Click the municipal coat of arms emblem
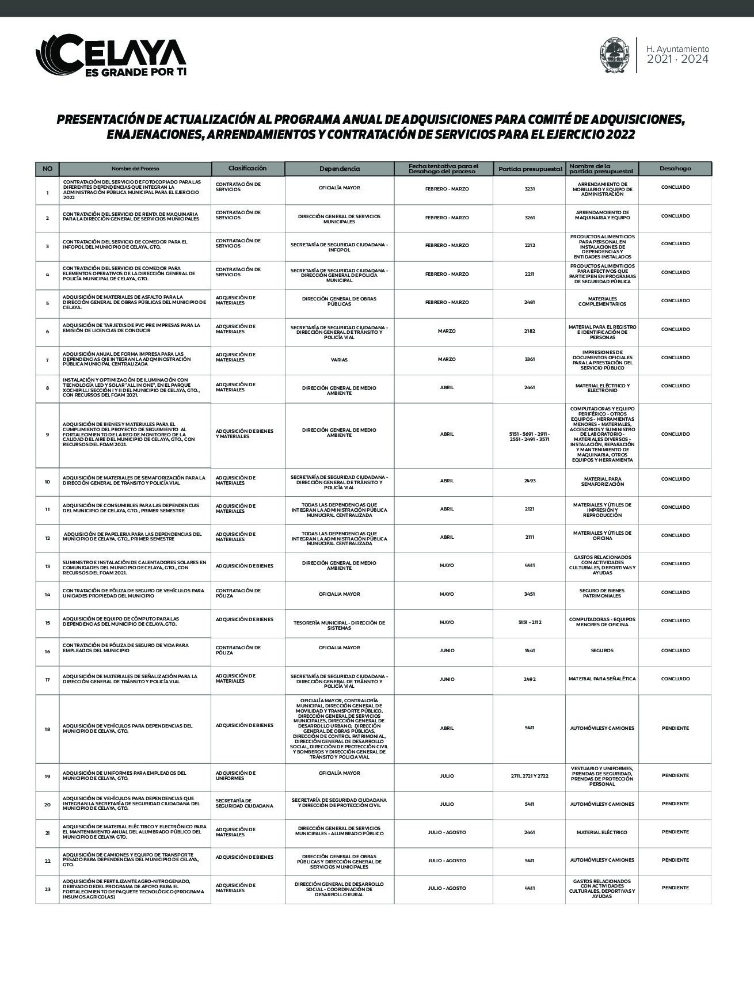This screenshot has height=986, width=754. click(614, 55)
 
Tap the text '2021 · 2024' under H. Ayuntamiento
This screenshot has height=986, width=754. click(677, 59)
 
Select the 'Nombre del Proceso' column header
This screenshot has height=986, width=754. click(135, 169)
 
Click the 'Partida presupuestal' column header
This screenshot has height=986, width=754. click(530, 169)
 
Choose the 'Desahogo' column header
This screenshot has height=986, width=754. click(675, 169)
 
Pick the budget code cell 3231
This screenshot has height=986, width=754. click(530, 189)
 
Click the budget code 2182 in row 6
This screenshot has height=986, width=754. click(530, 331)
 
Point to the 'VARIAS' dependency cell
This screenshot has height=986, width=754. click(339, 360)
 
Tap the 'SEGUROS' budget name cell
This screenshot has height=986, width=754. click(602, 650)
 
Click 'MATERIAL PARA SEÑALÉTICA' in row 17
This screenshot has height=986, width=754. click(602, 679)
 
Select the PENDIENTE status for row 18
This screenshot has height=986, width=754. click(675, 728)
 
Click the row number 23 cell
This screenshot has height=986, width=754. click(47, 889)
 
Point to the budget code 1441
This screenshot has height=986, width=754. click(530, 650)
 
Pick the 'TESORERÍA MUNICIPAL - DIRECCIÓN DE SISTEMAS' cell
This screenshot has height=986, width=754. click(339, 625)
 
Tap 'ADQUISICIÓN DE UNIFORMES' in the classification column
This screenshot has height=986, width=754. click(235, 775)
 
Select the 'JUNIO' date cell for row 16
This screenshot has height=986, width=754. click(447, 650)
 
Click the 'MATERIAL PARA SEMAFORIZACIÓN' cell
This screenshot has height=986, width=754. click(602, 481)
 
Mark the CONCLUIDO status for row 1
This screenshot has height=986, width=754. click(675, 187)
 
